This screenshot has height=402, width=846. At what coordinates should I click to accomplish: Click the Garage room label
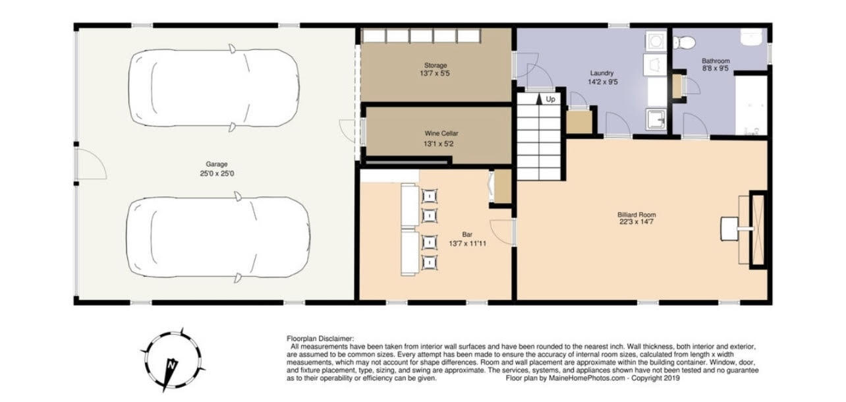pyautogui.click(x=216, y=164)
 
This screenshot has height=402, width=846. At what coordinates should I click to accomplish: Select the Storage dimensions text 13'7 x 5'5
pyautogui.click(x=436, y=73)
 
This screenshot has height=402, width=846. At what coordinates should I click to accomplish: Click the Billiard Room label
pyautogui.click(x=636, y=215)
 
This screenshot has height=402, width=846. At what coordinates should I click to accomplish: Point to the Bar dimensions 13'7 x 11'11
pyautogui.click(x=467, y=243)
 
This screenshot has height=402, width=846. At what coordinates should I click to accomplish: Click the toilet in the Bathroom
pyautogui.click(x=685, y=43)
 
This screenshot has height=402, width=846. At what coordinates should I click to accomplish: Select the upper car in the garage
pyautogui.click(x=212, y=86)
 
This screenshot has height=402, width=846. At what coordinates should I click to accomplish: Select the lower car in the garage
pyautogui.click(x=217, y=237)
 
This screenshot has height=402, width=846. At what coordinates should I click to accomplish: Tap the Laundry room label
pyautogui.click(x=602, y=73)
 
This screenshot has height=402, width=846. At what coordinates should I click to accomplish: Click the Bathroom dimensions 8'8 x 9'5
pyautogui.click(x=715, y=69)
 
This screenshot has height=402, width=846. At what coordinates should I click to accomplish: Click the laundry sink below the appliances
pyautogui.click(x=656, y=120)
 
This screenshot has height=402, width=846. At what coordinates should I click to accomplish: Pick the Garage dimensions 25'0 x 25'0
pyautogui.click(x=216, y=173)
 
